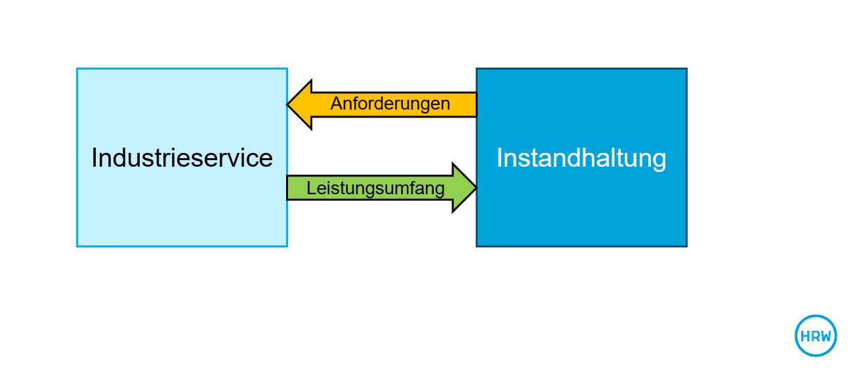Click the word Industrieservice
(182, 158)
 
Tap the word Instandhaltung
(581, 158)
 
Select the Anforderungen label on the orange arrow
(390, 104)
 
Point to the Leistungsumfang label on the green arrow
(375, 189)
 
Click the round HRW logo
(816, 336)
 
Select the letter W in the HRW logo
(826, 337)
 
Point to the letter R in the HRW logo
(815, 337)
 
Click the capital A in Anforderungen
(336, 104)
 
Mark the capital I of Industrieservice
(94, 158)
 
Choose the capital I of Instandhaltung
(499, 158)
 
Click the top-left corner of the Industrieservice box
(77, 69)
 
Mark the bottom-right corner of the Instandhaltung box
(686, 246)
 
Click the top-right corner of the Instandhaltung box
(686, 69)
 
